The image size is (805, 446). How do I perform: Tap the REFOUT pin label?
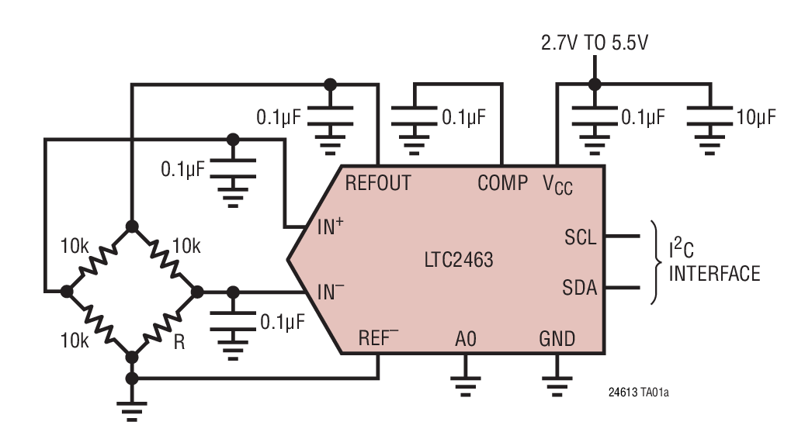tap(378, 183)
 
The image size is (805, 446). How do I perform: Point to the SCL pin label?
tap(581, 237)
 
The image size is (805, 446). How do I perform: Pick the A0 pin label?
tap(466, 339)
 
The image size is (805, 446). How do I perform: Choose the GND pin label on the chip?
tap(557, 339)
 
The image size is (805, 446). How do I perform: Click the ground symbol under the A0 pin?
tap(465, 385)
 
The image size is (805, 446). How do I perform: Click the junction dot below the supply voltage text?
tap(595, 84)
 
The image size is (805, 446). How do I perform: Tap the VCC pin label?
tap(557, 185)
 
